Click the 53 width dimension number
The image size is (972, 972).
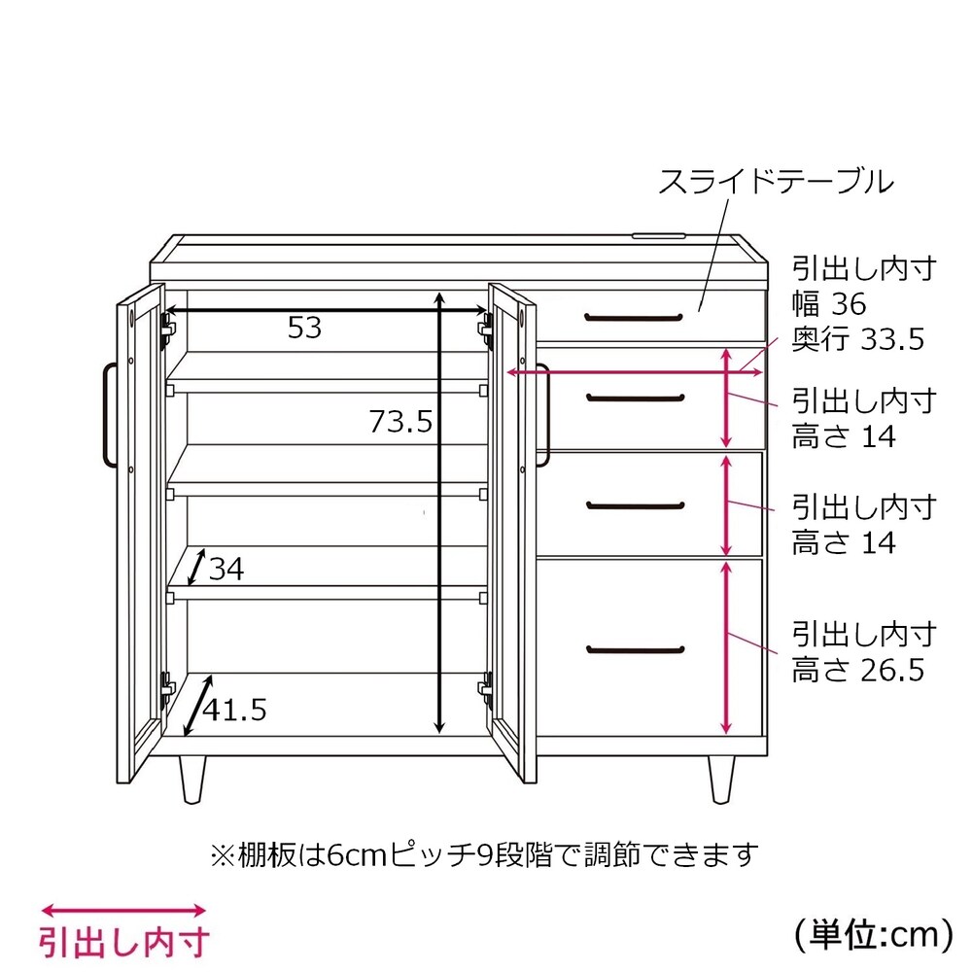coord(304,328)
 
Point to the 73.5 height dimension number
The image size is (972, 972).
coord(401,422)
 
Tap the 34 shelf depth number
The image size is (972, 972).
coord(226,569)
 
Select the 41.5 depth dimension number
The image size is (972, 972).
coord(235,710)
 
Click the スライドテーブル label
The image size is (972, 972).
coord(776,182)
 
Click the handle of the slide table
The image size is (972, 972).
coord(634,318)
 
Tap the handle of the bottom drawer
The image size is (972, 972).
coord(636,650)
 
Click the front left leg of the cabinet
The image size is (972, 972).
coord(192,780)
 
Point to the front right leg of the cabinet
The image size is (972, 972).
coord(721,780)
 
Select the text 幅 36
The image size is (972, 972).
coord(829,303)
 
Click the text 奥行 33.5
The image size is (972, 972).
coord(858,339)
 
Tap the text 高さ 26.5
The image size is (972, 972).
coord(858,670)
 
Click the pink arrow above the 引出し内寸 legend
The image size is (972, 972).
coord(123,911)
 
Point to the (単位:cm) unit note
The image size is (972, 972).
coord(874,934)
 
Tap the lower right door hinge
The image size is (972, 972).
coord(485,688)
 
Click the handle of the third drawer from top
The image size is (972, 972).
coord(636,505)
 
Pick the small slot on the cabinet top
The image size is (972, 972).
coord(658,235)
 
